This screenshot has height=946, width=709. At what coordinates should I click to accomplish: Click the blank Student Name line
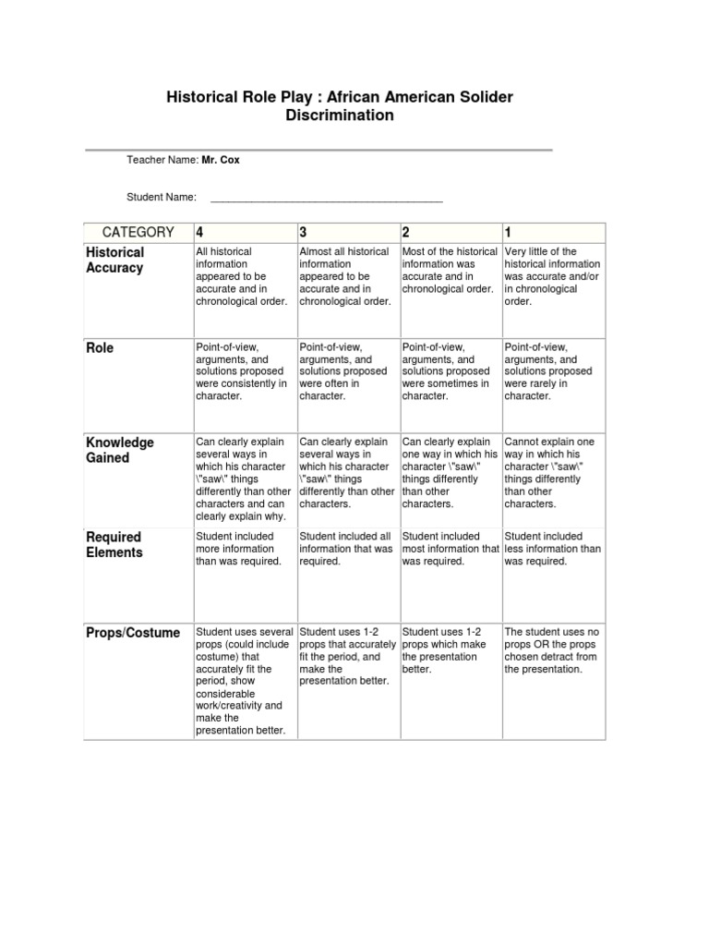point(327,197)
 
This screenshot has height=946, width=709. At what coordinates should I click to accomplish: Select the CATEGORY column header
point(138,232)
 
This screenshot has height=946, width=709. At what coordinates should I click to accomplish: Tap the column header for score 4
point(199,232)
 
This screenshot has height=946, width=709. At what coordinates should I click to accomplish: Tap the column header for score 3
point(303,232)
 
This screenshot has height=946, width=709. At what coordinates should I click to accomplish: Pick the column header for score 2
point(406,232)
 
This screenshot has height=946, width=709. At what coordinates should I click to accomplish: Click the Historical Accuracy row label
point(115,260)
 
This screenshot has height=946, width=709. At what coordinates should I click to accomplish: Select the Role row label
point(100,348)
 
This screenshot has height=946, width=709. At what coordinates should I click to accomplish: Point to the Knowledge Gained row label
point(120,450)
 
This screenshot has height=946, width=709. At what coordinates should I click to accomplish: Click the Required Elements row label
point(114,544)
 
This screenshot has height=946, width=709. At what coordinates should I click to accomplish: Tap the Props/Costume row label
point(133,633)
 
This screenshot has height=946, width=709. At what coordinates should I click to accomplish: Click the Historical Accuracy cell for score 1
point(552,276)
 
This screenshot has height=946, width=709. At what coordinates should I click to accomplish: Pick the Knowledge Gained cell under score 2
point(450,473)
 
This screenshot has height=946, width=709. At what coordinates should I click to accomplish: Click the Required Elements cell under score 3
point(346,549)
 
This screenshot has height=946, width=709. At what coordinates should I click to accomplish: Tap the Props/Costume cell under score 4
point(243,681)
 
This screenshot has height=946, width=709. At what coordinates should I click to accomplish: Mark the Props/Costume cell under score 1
point(552,650)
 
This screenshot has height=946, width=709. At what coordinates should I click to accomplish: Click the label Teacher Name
point(162,160)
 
